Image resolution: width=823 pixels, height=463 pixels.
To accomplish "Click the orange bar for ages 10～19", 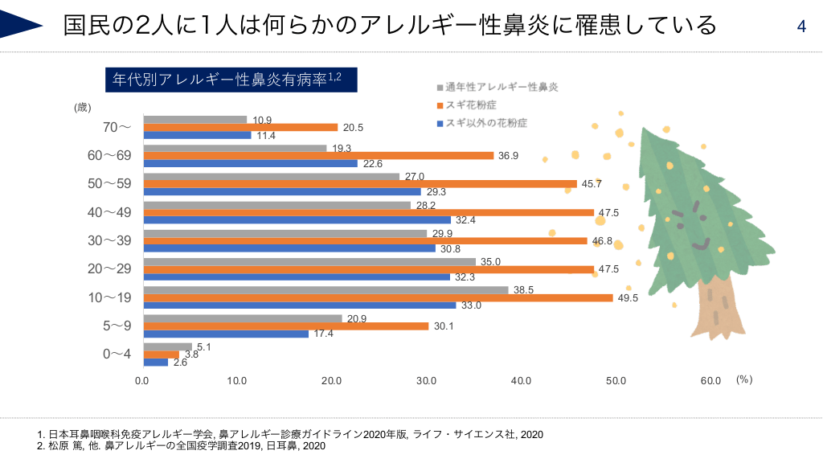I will [x=378, y=297].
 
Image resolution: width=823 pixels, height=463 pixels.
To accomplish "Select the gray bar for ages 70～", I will [x=195, y=120].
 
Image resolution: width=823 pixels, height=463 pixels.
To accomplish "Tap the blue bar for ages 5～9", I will [x=226, y=334].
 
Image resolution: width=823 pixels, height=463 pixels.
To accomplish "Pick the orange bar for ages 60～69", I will [x=318, y=156].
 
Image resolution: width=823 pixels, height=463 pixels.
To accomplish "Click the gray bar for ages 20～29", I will [x=309, y=261].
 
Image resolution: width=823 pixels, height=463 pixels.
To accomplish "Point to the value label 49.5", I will [x=629, y=298].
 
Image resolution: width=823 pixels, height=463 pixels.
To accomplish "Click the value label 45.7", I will [x=592, y=184].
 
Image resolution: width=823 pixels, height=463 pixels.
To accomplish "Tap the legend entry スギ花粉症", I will [x=471, y=105].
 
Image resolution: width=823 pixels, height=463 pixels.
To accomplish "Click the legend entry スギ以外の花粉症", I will [x=486, y=124].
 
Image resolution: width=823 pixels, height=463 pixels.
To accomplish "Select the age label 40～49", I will [x=109, y=212].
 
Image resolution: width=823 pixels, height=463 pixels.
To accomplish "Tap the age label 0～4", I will [x=116, y=354].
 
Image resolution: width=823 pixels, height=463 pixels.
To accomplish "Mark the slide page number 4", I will [x=801, y=27].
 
